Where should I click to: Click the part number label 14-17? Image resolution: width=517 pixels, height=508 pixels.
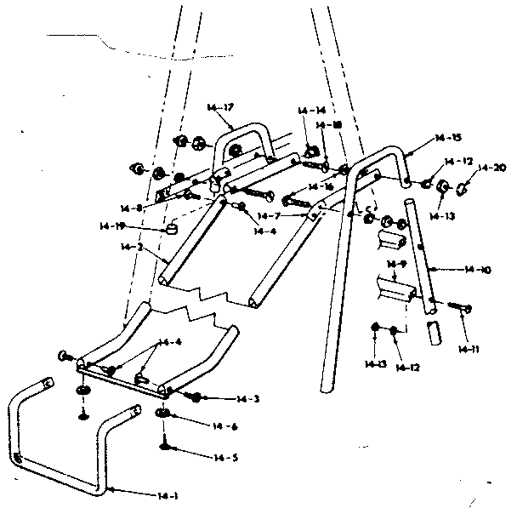(x=219, y=106)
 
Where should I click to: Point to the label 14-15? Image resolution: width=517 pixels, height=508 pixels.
(x=447, y=138)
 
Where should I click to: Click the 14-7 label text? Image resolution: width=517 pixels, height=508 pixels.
(x=270, y=217)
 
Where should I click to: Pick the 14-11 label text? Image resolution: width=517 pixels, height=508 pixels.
(x=465, y=348)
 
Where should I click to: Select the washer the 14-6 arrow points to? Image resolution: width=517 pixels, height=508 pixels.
(x=163, y=414)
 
